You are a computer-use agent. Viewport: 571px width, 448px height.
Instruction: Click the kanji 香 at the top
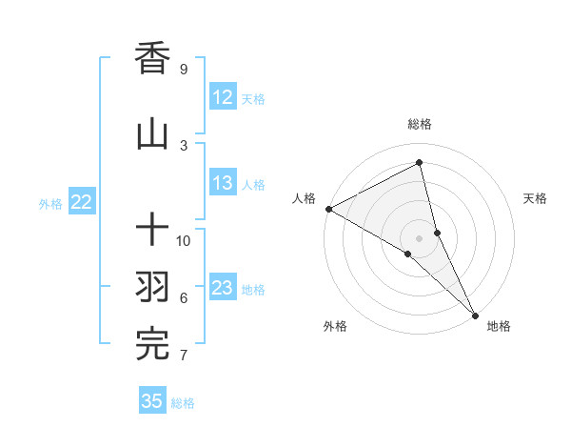pyautogui.click(x=152, y=59)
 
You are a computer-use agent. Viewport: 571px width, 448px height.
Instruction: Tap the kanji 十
pyautogui.click(x=152, y=230)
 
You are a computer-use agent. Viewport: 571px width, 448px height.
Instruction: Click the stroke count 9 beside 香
pyautogui.click(x=183, y=70)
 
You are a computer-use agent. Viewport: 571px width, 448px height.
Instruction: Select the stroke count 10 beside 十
pyautogui.click(x=184, y=241)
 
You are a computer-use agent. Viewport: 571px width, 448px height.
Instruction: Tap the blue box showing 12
pyautogui.click(x=223, y=97)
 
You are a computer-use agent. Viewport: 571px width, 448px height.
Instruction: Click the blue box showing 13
pyautogui.click(x=223, y=184)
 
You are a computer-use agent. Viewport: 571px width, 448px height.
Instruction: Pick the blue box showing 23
pyautogui.click(x=223, y=288)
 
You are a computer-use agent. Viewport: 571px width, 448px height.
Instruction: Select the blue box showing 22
pyautogui.click(x=82, y=202)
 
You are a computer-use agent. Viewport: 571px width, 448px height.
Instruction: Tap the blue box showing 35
pyautogui.click(x=152, y=401)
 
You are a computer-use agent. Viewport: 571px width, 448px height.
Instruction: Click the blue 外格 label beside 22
pyautogui.click(x=50, y=203)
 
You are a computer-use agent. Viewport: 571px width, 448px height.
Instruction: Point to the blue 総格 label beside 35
pyautogui.click(x=183, y=403)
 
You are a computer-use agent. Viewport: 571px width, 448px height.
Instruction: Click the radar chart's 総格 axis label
pyautogui.click(x=420, y=124)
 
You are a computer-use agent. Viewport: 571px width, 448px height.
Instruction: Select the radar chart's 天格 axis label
pyautogui.click(x=536, y=198)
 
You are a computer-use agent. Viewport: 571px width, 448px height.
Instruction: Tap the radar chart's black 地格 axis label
pyautogui.click(x=499, y=326)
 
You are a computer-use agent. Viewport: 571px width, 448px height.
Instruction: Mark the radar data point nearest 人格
pyautogui.click(x=328, y=209)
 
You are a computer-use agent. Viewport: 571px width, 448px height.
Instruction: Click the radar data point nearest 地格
pyautogui.click(x=474, y=314)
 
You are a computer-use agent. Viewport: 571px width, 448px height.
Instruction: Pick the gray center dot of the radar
pyautogui.click(x=420, y=238)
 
